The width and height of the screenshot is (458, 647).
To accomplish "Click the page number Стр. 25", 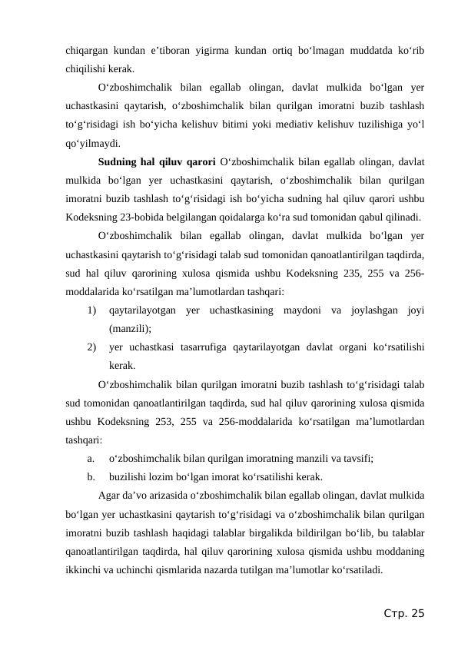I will [x=404, y=613].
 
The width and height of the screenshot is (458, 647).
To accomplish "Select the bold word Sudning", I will [x=120, y=162].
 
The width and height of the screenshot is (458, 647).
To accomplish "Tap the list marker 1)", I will [x=92, y=310].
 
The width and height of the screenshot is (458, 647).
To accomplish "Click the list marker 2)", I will [x=92, y=347].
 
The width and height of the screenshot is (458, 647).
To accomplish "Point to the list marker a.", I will [x=91, y=459].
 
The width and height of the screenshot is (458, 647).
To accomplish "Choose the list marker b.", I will [x=91, y=477].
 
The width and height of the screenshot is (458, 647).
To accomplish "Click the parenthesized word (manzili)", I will [x=134, y=329].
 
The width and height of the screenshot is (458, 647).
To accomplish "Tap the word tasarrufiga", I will [x=204, y=347].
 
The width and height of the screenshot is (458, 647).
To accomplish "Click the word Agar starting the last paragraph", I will [x=112, y=496].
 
